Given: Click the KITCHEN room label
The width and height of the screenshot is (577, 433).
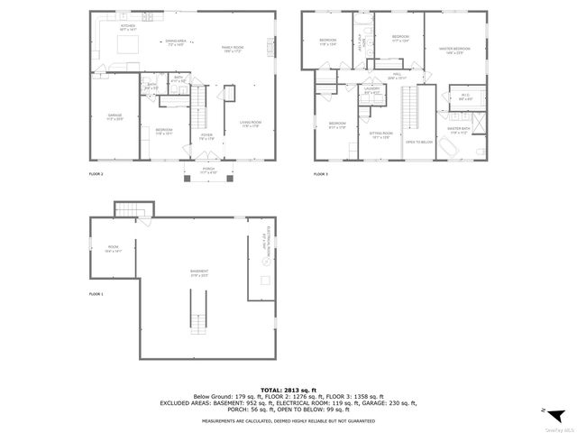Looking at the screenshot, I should click(x=127, y=27).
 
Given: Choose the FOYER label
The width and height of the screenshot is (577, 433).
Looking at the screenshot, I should click(x=206, y=137).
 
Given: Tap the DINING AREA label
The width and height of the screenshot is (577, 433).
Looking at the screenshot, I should click(x=175, y=42).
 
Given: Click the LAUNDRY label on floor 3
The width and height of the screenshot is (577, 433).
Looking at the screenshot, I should click(x=371, y=91).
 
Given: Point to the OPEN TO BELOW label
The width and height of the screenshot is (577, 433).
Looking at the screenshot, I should click(x=418, y=143).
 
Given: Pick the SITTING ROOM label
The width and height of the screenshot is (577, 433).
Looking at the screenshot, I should click(x=380, y=135).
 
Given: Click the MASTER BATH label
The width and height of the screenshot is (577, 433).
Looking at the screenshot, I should click(x=459, y=130).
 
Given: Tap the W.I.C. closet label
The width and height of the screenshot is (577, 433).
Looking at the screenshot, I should click(x=465, y=97).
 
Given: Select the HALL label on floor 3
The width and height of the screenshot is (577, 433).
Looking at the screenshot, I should click(x=398, y=78).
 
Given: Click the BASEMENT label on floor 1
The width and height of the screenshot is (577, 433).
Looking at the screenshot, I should click(x=199, y=272).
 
